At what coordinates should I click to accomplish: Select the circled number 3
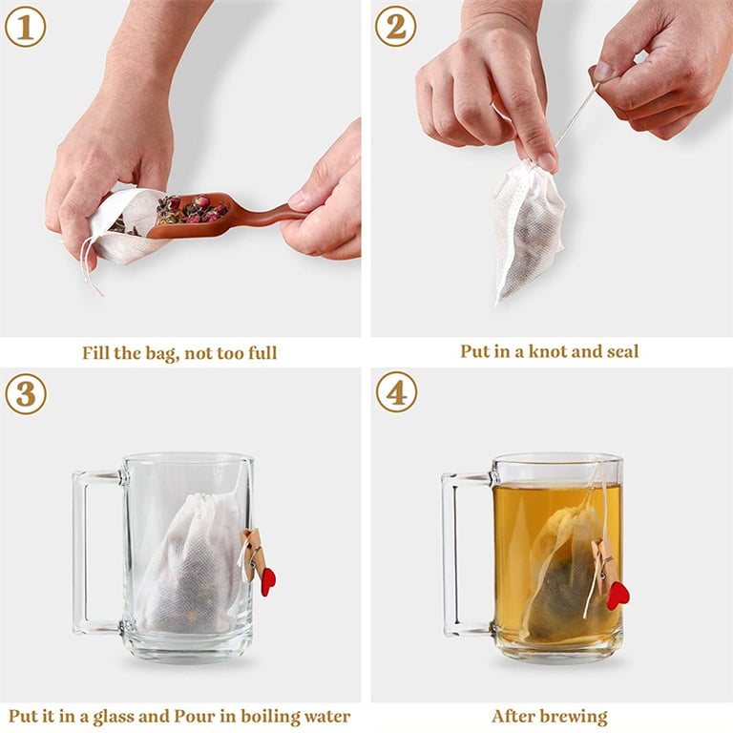(25, 392)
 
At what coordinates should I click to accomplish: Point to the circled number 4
(395, 392)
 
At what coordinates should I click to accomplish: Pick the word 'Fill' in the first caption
(97, 353)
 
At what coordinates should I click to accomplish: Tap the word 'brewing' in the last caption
(575, 716)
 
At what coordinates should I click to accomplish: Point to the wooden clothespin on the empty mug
(252, 554)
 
